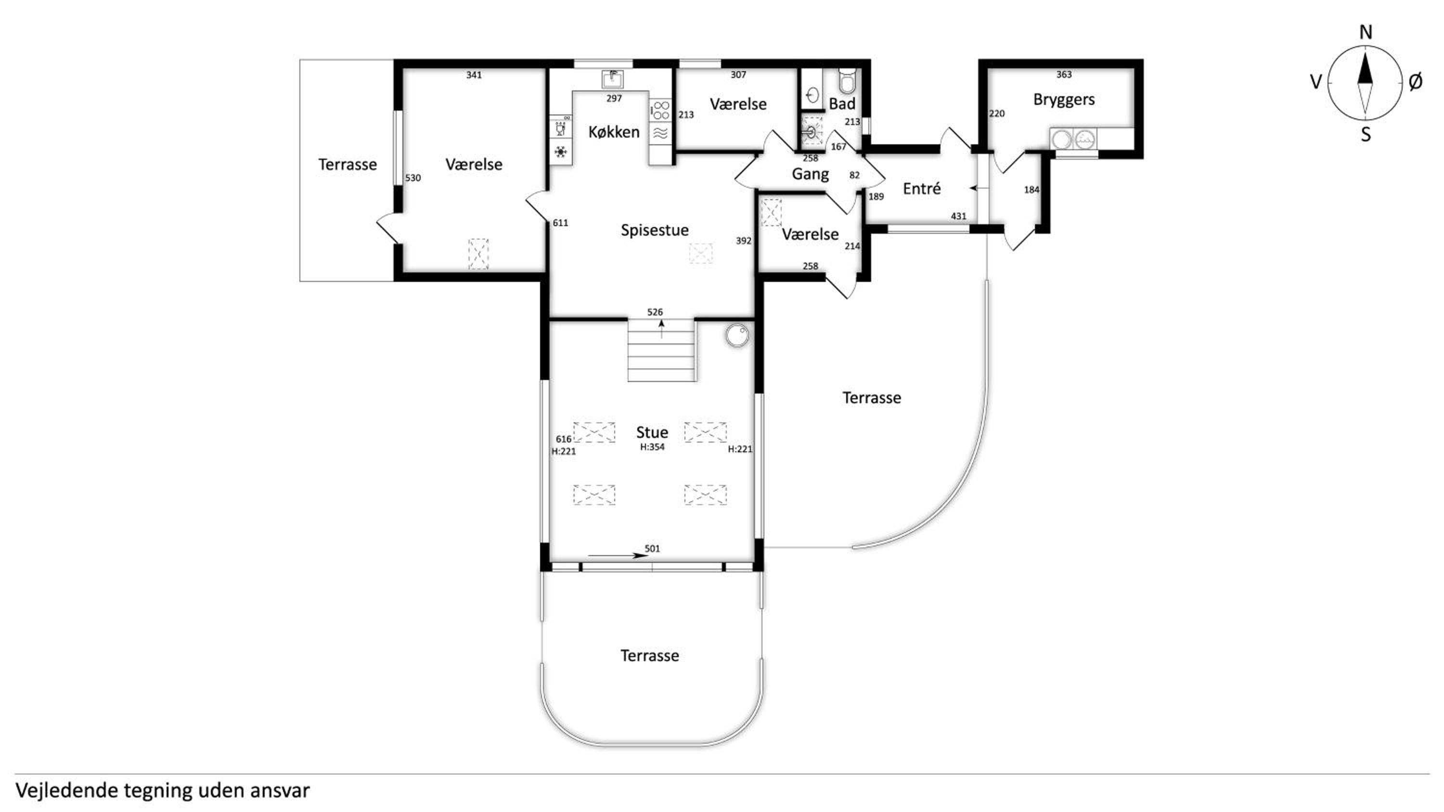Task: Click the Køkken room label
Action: point(614,132)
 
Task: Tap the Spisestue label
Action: point(655,230)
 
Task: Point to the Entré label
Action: point(922,189)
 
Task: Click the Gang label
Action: point(810,174)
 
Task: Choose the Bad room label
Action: point(842,104)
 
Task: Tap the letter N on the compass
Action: point(1366,33)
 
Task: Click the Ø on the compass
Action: point(1415,82)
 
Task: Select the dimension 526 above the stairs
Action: point(655,312)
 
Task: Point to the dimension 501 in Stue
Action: point(652,548)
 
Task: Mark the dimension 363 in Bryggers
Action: point(1063,75)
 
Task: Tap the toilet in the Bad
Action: point(847,81)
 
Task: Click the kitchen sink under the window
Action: point(613,79)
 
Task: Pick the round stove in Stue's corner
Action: point(736,335)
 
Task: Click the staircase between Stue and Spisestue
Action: point(661,350)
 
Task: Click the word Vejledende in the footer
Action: point(67,790)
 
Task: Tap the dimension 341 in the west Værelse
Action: point(474,75)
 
